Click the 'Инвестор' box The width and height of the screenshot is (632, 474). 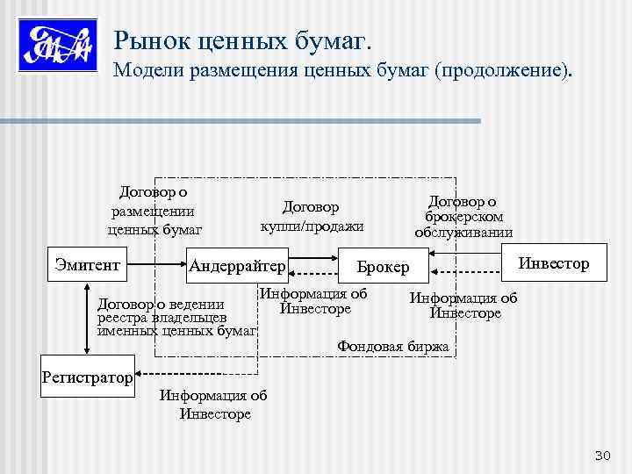coord(553,262)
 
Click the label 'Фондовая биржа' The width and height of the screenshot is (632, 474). coord(392,347)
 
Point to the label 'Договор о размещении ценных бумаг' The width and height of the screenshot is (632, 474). coord(154,211)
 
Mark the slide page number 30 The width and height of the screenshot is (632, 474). coord(602,455)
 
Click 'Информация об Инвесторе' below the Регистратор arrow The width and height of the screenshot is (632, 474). coord(214,405)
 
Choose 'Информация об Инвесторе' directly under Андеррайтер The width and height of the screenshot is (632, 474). coord(314,301)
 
